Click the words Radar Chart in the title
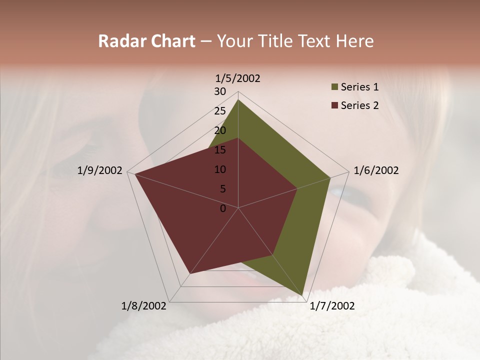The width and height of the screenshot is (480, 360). coord(146,41)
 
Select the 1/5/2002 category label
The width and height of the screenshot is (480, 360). coord(238,78)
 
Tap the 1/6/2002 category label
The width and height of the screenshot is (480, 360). coord(376,170)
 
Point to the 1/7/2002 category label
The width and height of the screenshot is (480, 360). coord(332,306)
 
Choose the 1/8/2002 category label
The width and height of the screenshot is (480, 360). coord(144,306)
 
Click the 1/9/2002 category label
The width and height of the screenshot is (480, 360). coord(100,170)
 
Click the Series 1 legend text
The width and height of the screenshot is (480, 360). coord(360,87)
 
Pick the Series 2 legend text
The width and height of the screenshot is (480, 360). coord(360,105)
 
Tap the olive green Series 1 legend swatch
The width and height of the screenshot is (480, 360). coord(335,87)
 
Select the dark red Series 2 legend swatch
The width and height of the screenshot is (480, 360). coord(335,105)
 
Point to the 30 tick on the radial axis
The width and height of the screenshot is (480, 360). coord(220,91)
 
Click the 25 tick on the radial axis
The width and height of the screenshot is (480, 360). coord(220,111)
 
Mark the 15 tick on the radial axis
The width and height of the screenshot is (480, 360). coord(220,150)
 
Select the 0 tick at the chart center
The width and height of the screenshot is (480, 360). coord(223,208)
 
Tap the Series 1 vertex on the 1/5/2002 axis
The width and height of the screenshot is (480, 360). coord(238,100)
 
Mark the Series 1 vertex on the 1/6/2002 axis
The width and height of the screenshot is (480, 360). coord(330,177)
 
